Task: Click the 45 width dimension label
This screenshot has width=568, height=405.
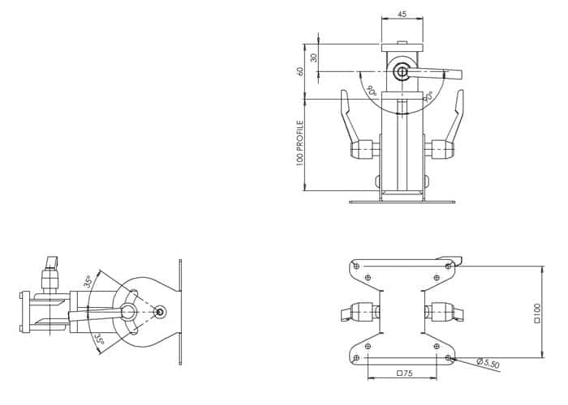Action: [402, 14]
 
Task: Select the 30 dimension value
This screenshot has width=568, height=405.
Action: [314, 58]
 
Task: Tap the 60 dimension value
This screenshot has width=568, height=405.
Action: [299, 71]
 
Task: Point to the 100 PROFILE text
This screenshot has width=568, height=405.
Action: [299, 143]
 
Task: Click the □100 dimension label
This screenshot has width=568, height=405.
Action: [537, 313]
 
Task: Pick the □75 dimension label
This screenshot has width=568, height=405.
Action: [405, 373]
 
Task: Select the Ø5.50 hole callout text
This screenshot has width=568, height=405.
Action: [488, 363]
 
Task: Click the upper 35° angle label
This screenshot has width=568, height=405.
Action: [89, 281]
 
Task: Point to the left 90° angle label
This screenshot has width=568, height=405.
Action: [372, 90]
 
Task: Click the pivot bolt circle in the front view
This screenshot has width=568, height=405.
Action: [402, 72]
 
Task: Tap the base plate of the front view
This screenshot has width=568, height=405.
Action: [402, 202]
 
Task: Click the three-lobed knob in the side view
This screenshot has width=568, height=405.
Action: [128, 311]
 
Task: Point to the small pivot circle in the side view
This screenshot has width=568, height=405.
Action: [160, 311]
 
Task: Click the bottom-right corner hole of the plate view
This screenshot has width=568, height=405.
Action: [449, 358]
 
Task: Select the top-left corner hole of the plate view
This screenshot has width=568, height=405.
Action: [356, 266]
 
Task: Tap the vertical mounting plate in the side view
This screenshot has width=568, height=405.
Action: [180, 312]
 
